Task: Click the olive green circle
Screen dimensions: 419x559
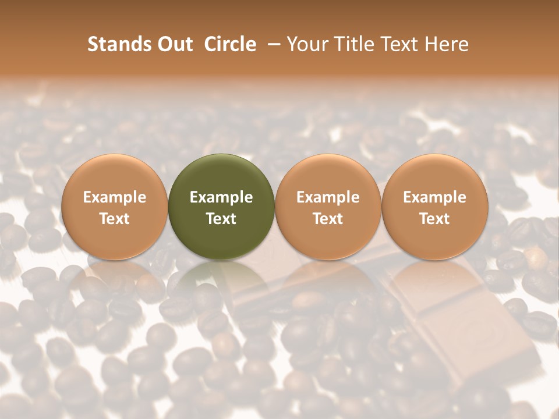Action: (221, 207)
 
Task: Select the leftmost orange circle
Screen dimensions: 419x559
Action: (114, 207)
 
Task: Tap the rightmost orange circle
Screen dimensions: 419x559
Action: (435, 207)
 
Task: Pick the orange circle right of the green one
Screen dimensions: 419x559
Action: (328, 207)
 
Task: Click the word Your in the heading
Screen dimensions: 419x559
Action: (307, 44)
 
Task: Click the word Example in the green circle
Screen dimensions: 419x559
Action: (221, 197)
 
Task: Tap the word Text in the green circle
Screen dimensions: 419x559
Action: (221, 219)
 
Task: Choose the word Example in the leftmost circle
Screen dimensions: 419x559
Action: (114, 197)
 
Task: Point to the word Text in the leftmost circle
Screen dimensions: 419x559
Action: (114, 219)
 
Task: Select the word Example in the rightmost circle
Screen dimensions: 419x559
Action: (435, 197)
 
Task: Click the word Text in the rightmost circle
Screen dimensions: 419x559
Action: (435, 219)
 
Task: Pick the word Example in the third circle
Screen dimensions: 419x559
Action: (328, 197)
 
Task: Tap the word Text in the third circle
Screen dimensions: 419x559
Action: (328, 219)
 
